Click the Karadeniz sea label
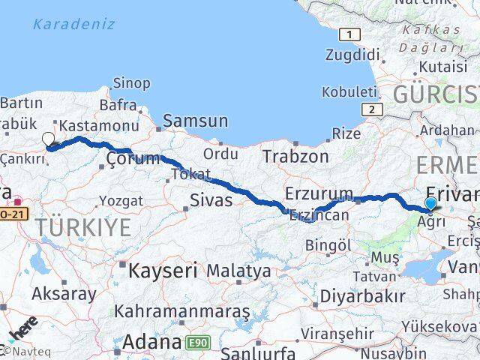73,24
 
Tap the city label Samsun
195,120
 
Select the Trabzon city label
295,156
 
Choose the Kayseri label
162,270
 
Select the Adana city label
151,343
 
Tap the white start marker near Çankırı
49,139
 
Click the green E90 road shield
199,343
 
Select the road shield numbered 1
349,34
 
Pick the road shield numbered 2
370,109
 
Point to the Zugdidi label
353,54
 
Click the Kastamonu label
99,125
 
